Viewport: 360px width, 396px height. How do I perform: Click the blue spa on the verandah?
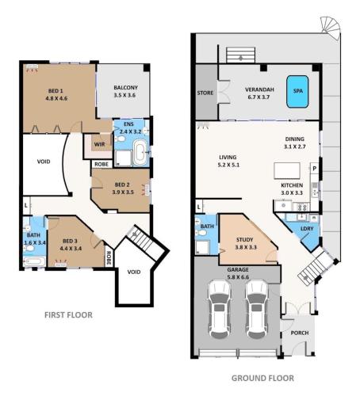click(297, 92)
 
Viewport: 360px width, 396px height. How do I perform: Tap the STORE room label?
click(205, 93)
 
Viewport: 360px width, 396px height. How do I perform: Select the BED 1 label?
click(56, 91)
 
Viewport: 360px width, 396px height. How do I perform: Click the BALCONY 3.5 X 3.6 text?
click(125, 91)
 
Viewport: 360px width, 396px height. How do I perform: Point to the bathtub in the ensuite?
click(140, 153)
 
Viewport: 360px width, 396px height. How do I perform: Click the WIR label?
click(99, 144)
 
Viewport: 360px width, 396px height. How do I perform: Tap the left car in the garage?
click(220, 309)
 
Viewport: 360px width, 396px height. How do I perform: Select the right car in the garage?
click(257, 309)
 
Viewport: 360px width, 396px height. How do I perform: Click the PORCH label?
click(300, 333)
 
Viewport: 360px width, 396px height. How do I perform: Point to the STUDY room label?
click(244, 240)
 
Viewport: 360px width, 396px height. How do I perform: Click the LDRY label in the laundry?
click(307, 229)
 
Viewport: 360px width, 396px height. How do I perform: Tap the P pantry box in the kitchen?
click(314, 169)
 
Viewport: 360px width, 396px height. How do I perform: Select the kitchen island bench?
click(287, 171)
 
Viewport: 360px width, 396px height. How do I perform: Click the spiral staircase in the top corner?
click(331, 28)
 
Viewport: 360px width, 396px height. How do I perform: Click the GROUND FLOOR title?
click(262, 378)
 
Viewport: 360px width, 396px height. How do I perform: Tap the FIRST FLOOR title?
click(68, 315)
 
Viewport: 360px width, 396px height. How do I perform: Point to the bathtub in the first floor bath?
click(34, 261)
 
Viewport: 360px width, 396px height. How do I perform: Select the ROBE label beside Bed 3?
click(109, 258)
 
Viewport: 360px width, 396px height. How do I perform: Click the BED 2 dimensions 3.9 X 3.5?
click(123, 192)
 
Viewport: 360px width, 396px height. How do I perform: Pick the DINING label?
click(294, 139)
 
